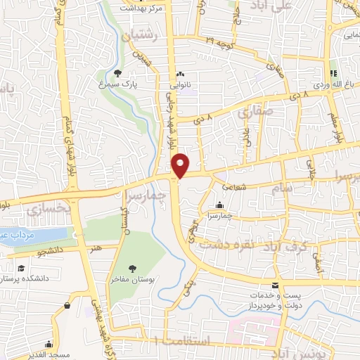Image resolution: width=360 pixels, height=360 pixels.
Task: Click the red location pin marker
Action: (181, 164)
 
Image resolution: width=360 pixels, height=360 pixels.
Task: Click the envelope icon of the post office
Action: (274, 285)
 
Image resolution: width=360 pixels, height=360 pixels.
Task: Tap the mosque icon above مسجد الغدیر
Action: (48, 345)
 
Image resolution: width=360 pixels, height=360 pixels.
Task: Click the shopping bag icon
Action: (67, 306)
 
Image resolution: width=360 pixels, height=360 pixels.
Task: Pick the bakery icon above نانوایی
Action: (181, 72)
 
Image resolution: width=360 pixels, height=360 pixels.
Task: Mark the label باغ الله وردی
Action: (330, 84)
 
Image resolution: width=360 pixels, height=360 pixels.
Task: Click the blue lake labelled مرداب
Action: (35, 234)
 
